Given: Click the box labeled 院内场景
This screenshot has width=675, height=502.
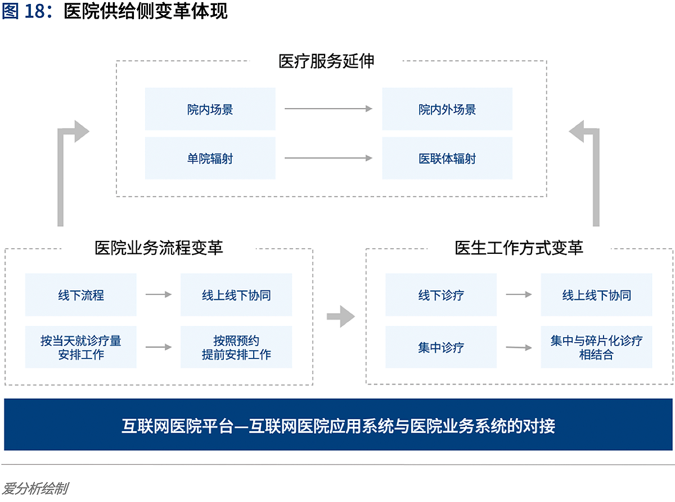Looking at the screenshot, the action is pyautogui.click(x=210, y=109).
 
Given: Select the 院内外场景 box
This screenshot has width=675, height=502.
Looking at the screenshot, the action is pyautogui.click(x=447, y=109).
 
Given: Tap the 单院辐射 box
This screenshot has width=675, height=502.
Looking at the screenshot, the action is pyautogui.click(x=210, y=158).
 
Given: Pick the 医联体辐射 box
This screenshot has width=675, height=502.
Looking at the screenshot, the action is pyautogui.click(x=447, y=158).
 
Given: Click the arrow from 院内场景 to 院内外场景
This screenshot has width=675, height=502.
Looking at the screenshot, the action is pyautogui.click(x=328, y=109).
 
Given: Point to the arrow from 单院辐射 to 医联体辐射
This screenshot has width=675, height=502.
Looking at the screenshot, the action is pyautogui.click(x=328, y=158).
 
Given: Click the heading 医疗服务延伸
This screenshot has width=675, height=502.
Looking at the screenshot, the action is pyautogui.click(x=326, y=61).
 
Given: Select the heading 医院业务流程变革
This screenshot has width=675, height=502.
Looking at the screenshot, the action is pyautogui.click(x=159, y=248).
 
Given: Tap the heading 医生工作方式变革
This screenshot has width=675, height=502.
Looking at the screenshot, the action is pyautogui.click(x=519, y=248).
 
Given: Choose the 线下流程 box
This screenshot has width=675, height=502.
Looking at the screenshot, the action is pyautogui.click(x=80, y=294).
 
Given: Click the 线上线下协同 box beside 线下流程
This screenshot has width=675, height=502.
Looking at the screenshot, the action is pyautogui.click(x=236, y=294).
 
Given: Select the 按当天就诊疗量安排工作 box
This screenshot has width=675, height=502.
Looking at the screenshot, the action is pyautogui.click(x=80, y=347).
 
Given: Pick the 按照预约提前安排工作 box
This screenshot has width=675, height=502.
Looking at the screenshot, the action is pyautogui.click(x=236, y=347).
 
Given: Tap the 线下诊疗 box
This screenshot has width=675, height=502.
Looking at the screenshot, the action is pyautogui.click(x=441, y=294).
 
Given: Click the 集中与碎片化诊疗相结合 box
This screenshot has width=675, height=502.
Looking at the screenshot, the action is pyautogui.click(x=596, y=347).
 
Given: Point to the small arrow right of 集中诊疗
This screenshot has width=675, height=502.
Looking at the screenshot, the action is pyautogui.click(x=519, y=347).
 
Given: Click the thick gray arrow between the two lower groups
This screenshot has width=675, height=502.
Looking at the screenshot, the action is pyautogui.click(x=340, y=316).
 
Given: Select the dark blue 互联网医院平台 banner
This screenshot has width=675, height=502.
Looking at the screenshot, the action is pyautogui.click(x=338, y=424).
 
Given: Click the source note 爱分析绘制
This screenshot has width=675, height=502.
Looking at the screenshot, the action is pyautogui.click(x=35, y=488).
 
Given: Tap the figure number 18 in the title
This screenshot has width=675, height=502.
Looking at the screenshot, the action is pyautogui.click(x=35, y=11).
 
